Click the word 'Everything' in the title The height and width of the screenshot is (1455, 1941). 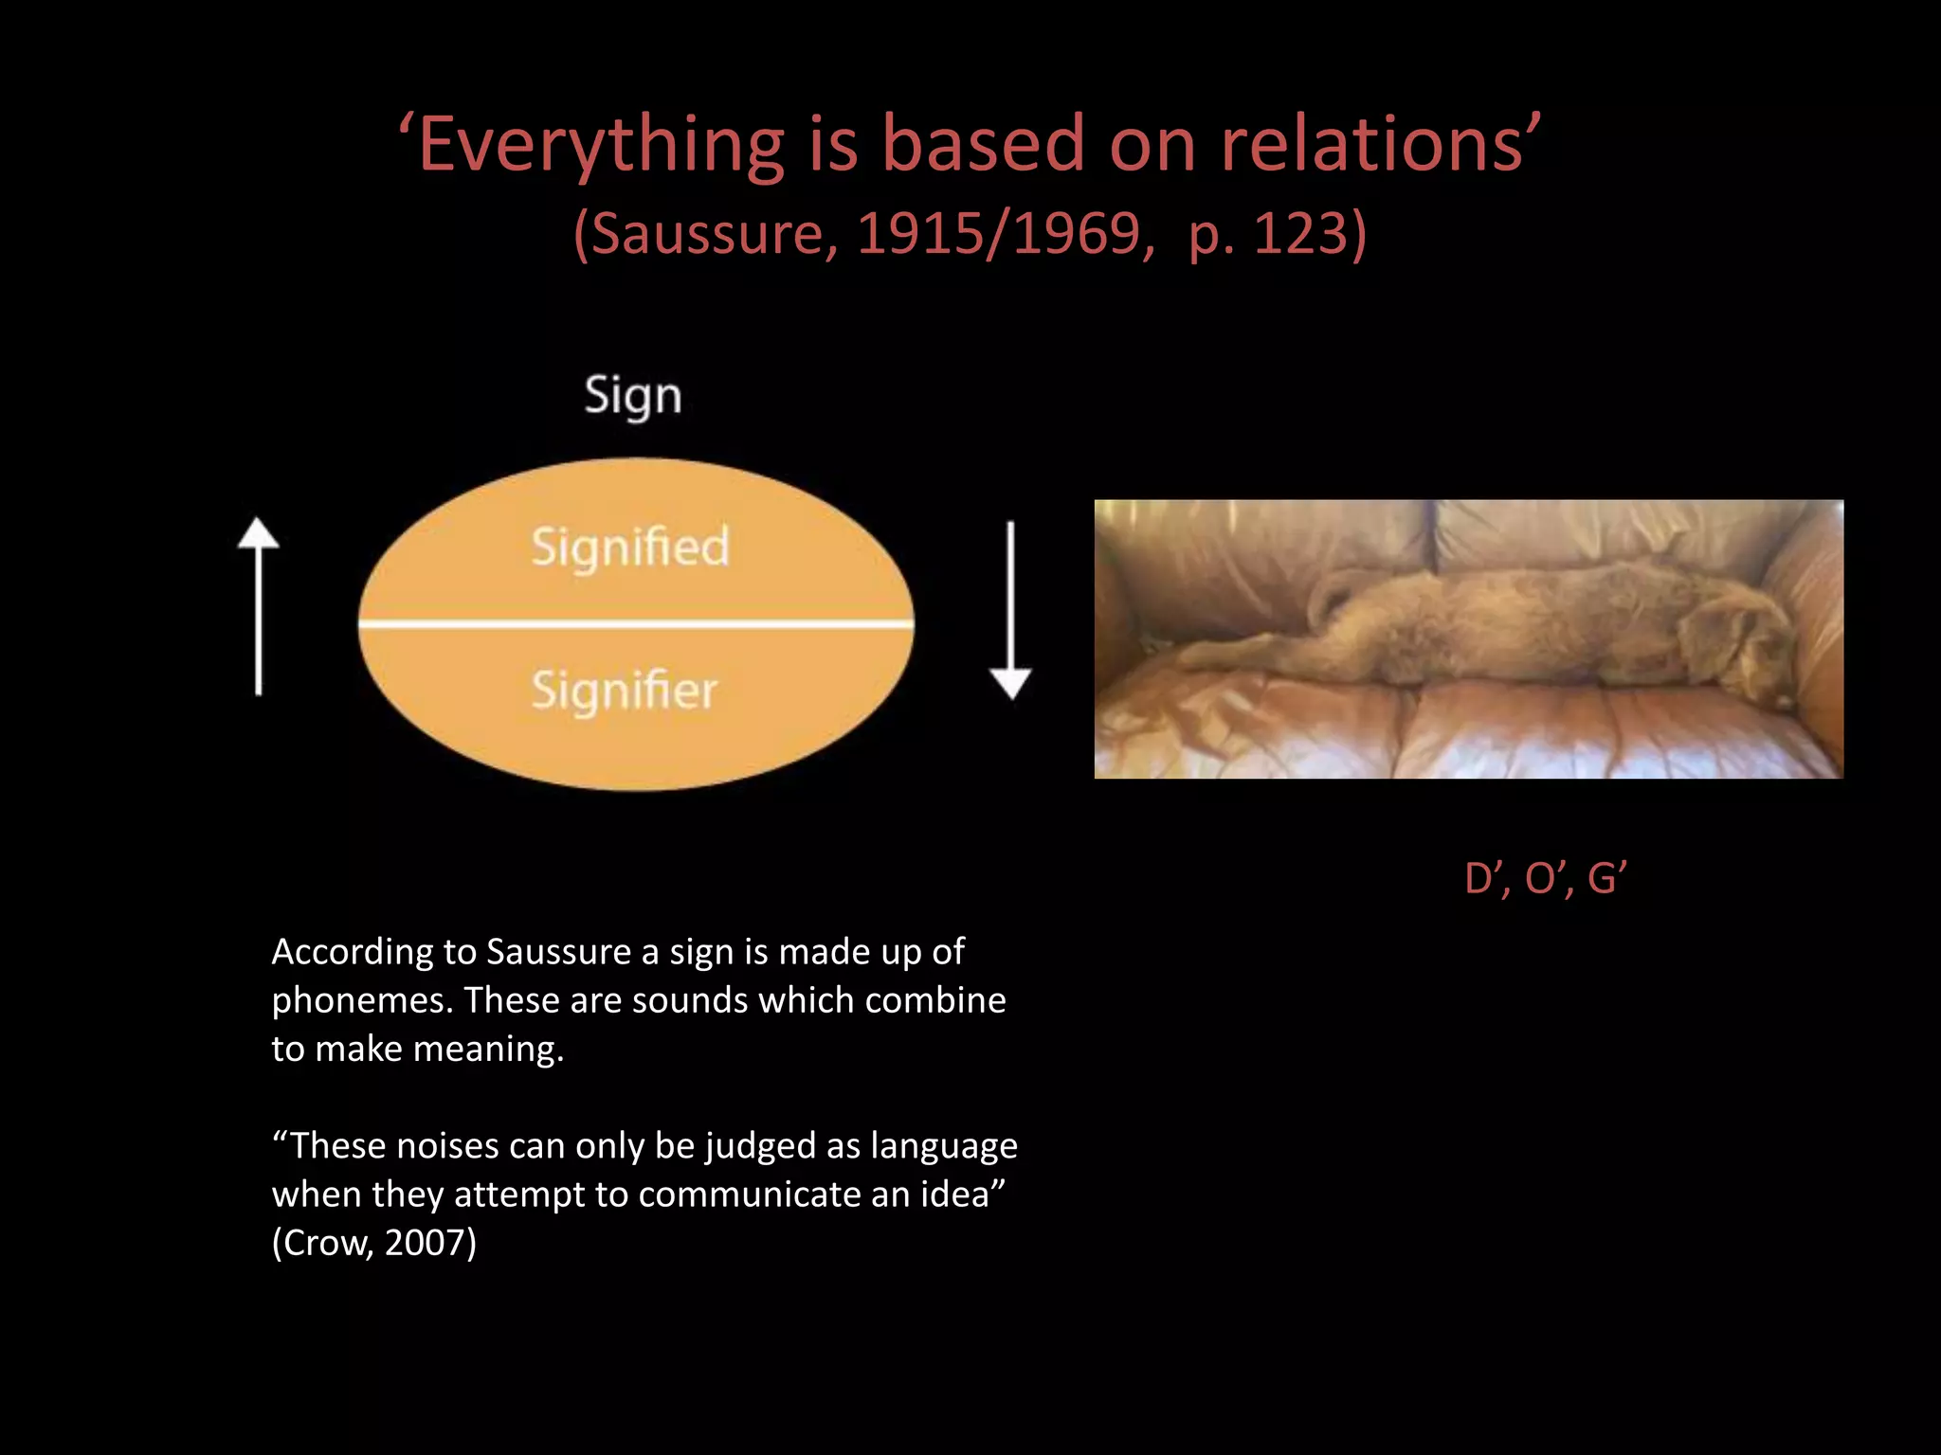[601, 145]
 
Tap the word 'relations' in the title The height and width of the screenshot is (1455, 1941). [1372, 145]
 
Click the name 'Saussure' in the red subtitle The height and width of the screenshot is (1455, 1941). [707, 233]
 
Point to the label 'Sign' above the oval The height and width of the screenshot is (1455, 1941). [632, 396]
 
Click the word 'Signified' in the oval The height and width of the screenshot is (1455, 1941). [630, 547]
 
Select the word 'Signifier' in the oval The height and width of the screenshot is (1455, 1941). [624, 690]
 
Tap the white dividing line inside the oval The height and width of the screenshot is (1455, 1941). [636, 623]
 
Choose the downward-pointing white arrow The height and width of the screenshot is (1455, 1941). [1010, 610]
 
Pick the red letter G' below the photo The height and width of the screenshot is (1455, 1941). [1607, 879]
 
